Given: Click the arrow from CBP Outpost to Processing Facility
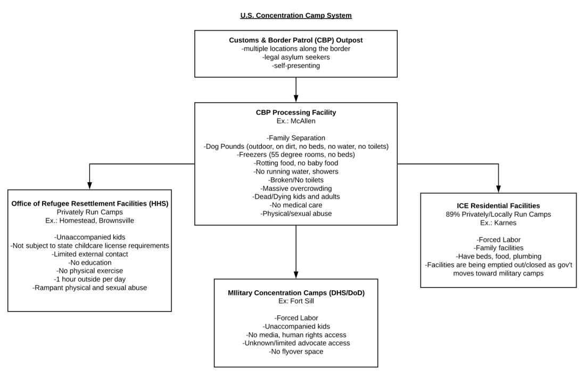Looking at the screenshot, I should tap(295, 89).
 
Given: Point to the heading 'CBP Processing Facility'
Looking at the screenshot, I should tap(295, 113).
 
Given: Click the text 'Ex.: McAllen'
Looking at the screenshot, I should tap(295, 121).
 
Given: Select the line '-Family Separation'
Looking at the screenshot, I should tap(295, 138).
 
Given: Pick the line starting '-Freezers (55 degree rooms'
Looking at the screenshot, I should tap(295, 154).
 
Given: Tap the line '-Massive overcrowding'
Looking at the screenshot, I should tap(295, 188).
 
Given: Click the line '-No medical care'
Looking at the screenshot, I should tap(295, 205).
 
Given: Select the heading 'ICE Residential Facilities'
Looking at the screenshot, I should tap(498, 206).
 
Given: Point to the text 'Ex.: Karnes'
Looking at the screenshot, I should tap(498, 223).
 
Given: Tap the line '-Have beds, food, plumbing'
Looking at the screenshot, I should tap(498, 256).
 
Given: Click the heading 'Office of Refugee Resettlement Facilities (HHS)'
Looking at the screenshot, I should tap(89, 203).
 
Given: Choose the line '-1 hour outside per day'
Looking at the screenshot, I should tap(89, 280).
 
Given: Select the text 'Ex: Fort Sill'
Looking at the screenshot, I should tap(295, 301).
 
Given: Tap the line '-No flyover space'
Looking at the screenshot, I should tap(295, 351).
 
